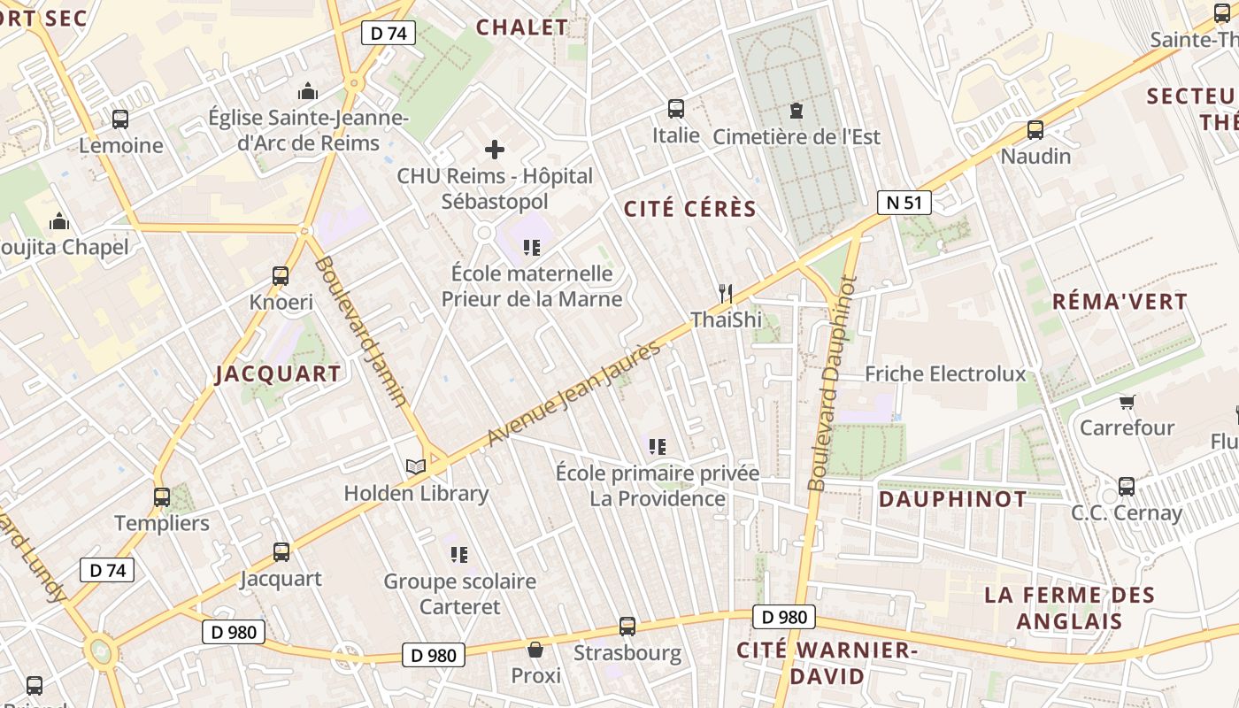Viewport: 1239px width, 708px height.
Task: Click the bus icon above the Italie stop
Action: click(676, 109)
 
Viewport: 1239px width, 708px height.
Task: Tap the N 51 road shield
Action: click(904, 203)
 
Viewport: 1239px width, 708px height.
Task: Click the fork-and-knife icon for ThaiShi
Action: click(726, 293)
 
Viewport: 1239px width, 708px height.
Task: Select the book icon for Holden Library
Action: click(415, 466)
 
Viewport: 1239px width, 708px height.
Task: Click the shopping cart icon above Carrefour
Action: click(1127, 403)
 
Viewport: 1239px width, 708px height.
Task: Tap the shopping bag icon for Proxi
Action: click(535, 650)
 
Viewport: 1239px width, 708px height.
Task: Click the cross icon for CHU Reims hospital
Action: click(495, 150)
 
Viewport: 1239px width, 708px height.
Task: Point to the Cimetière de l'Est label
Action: click(796, 136)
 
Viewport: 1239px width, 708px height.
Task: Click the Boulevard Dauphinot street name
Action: click(830, 382)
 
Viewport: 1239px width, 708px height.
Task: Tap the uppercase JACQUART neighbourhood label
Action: click(278, 374)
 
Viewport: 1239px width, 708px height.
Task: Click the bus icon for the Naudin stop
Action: click(1035, 131)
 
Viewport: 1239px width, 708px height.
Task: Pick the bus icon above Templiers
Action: click(161, 497)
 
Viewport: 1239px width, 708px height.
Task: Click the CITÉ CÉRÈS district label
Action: click(690, 210)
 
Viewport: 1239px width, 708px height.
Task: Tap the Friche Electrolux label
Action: click(945, 374)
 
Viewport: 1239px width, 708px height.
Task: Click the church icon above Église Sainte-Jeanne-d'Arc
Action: click(308, 91)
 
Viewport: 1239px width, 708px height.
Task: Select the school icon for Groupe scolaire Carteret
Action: click(458, 555)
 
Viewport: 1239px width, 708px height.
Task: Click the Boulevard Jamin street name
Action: click(362, 331)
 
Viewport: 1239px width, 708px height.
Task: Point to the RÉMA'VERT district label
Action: click(1120, 302)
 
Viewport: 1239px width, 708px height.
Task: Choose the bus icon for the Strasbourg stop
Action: click(627, 627)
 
